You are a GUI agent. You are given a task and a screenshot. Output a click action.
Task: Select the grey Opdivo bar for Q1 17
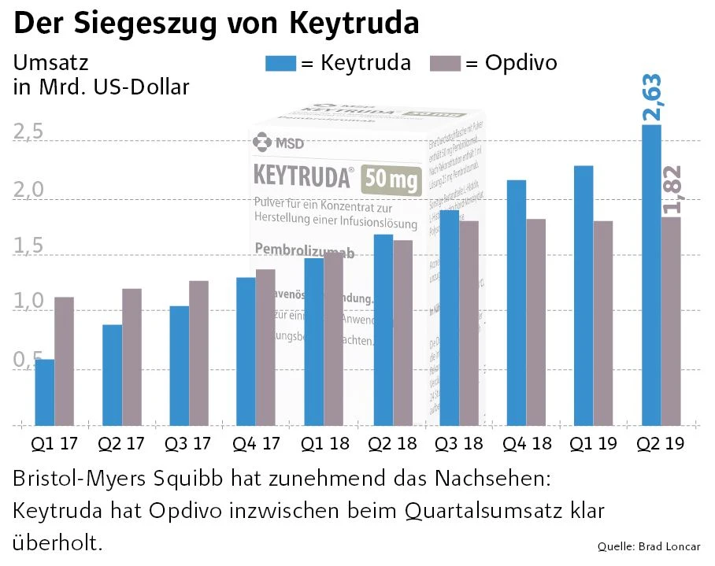[x=64, y=361]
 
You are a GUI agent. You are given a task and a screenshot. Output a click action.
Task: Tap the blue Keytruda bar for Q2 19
[x=651, y=275]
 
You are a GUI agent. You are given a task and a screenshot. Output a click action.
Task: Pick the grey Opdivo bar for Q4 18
[x=536, y=322]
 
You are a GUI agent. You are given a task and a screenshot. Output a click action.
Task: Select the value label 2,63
[x=652, y=98]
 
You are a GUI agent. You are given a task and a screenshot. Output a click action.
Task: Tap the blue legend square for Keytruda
[x=281, y=63]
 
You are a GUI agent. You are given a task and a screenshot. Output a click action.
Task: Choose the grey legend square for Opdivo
[x=446, y=63]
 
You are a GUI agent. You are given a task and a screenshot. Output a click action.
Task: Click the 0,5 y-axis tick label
[x=28, y=360]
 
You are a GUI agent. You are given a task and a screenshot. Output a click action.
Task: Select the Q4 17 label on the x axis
[x=257, y=443]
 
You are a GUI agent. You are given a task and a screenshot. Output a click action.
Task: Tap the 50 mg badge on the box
[x=391, y=180]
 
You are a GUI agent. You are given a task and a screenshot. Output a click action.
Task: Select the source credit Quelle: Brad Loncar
[x=649, y=546]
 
